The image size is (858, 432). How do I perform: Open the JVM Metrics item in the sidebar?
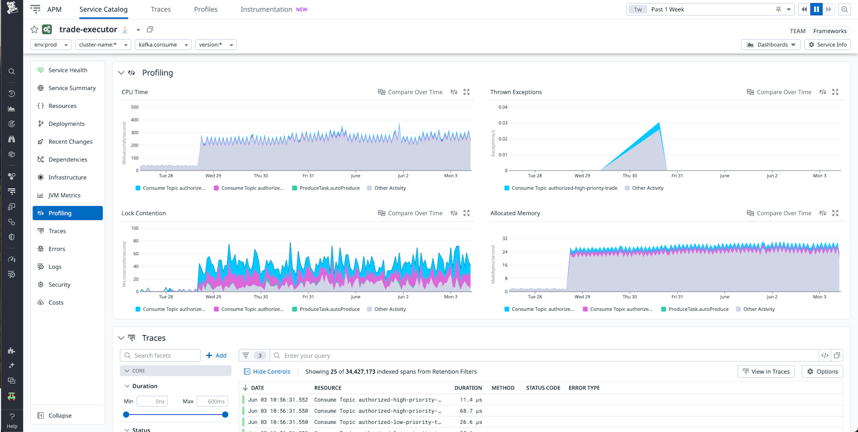coord(64,195)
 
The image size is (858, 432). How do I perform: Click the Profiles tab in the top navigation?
coord(206,9)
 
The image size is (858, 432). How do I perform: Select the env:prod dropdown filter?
coord(50,45)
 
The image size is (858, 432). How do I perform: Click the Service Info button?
coord(827,45)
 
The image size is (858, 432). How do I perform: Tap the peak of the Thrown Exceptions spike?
coord(659,123)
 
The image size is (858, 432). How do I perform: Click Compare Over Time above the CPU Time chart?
coord(410,92)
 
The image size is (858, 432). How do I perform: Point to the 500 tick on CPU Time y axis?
coord(134,107)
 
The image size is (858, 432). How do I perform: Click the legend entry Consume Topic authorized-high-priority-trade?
coord(564,188)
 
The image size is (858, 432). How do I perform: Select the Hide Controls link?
coord(271,372)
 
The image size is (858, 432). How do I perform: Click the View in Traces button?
coord(766,372)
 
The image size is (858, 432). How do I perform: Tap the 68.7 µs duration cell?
coord(470,411)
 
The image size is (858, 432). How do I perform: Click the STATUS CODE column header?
coord(543,388)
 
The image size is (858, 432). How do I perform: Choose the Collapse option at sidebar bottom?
coord(60,416)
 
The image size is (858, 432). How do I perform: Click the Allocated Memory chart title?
coord(515,213)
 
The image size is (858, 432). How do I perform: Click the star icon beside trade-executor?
coord(34,29)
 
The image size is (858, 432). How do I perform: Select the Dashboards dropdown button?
coord(771,45)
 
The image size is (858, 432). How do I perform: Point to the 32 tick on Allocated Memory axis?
coord(504,238)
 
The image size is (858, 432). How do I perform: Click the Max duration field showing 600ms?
coord(212,401)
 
